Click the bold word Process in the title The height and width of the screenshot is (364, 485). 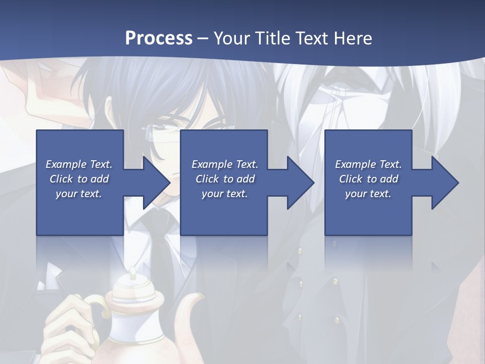(x=159, y=38)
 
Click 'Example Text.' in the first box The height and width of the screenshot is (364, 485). (x=79, y=164)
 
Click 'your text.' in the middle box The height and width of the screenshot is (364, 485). (x=224, y=194)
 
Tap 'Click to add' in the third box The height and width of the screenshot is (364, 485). (x=368, y=179)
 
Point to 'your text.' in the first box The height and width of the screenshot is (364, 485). (x=79, y=194)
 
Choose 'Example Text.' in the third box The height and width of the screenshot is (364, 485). (x=368, y=164)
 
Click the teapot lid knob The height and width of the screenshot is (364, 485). (x=133, y=274)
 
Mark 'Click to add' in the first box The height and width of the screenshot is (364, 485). (x=79, y=179)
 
